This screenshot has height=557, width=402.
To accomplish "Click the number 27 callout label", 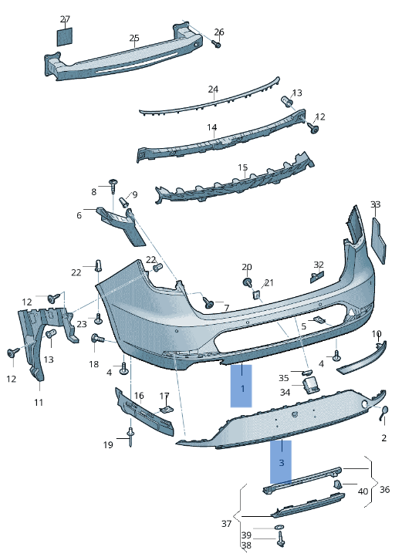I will (65, 19).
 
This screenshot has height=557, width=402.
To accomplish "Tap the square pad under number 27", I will (65, 36).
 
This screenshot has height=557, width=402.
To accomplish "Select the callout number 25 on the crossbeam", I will (134, 38).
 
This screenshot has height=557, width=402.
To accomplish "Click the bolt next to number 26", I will (217, 45).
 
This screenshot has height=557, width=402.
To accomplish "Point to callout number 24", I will (213, 89).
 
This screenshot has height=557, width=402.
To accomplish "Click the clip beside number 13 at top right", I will (286, 101).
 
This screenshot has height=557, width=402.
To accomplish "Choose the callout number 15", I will (242, 167).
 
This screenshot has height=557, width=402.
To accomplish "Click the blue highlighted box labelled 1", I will (242, 386).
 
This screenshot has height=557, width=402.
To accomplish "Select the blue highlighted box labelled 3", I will (281, 462).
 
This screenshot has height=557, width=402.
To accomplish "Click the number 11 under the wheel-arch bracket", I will (39, 403).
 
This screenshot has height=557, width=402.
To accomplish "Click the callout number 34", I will (285, 392).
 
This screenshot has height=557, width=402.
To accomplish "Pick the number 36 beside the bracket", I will (384, 489).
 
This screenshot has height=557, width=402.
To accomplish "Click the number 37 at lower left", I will (227, 524).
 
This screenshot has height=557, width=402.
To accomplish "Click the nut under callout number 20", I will (247, 282).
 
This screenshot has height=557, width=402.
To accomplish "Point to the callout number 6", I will (79, 215).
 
